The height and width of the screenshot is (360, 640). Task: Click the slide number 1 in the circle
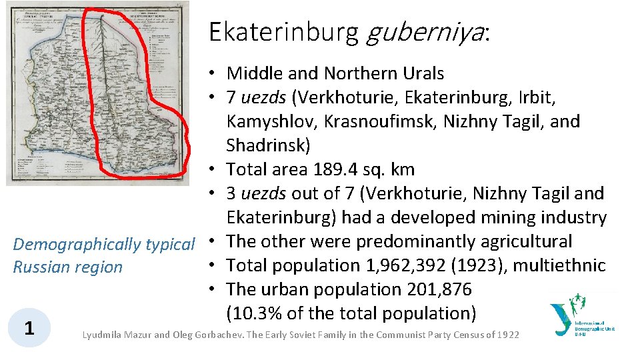click(x=29, y=328)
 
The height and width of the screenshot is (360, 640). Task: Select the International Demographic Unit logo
click(x=581, y=319)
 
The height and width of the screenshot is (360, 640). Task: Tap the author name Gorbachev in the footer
click(x=217, y=335)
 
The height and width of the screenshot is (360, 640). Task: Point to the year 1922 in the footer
click(x=507, y=335)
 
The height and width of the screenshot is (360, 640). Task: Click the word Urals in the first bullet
click(x=421, y=73)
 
